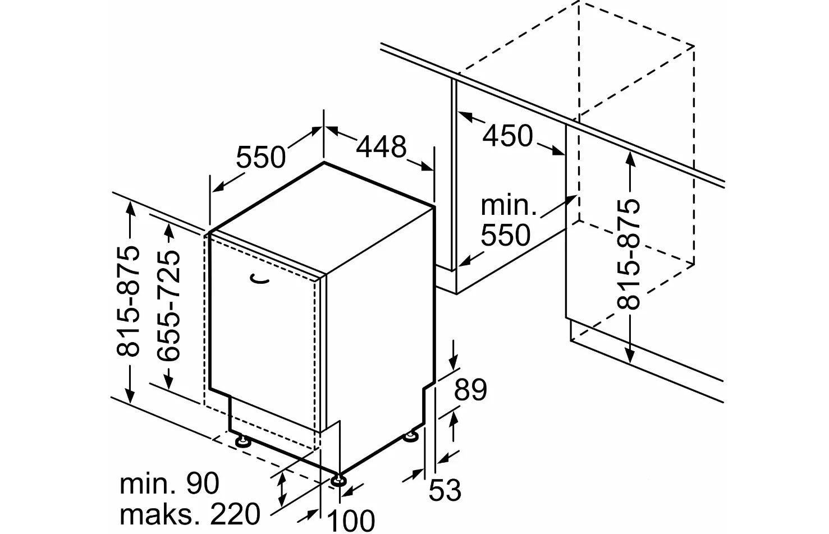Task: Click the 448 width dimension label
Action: (x=381, y=146)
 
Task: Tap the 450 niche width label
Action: (x=508, y=136)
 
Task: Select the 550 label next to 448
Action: (x=260, y=156)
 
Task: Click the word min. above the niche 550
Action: (x=509, y=206)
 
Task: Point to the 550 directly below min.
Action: (x=505, y=235)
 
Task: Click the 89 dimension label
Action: (x=470, y=390)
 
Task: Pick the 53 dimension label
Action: (x=445, y=490)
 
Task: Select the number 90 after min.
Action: (x=202, y=484)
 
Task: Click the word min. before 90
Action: (x=145, y=484)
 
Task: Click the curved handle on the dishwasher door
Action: (x=259, y=279)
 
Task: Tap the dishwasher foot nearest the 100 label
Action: (x=338, y=480)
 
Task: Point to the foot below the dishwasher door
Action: (x=243, y=441)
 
